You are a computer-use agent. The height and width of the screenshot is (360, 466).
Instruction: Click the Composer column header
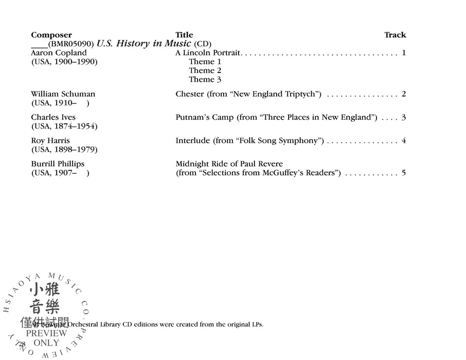pos(51,35)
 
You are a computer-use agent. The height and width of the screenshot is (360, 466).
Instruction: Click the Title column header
pos(184,35)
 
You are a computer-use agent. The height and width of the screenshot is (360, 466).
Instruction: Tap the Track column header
pos(395,35)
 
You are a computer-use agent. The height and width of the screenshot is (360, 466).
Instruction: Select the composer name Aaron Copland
pos(59,52)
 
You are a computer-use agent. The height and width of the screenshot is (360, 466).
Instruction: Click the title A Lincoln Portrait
pos(208,52)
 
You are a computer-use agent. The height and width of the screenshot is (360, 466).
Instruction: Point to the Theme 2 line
pos(205,70)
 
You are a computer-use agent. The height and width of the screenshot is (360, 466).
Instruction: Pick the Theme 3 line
pos(205,80)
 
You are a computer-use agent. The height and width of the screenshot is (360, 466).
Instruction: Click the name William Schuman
pos(63,94)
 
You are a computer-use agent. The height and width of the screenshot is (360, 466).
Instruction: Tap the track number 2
pos(404,94)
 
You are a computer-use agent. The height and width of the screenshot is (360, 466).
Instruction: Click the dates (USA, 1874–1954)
pos(64,127)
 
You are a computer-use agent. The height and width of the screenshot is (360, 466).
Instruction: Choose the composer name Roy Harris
pos(50,140)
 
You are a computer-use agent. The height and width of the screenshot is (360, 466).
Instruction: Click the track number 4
pos(404,140)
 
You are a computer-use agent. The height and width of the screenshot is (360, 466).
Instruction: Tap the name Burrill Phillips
pos(58,164)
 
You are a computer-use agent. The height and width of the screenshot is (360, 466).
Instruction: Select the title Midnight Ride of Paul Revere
pos(229,164)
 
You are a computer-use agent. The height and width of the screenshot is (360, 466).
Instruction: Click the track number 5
pos(404,173)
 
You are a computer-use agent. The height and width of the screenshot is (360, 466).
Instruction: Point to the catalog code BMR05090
pos(71,44)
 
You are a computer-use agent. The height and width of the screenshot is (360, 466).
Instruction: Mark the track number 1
pos(404,52)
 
